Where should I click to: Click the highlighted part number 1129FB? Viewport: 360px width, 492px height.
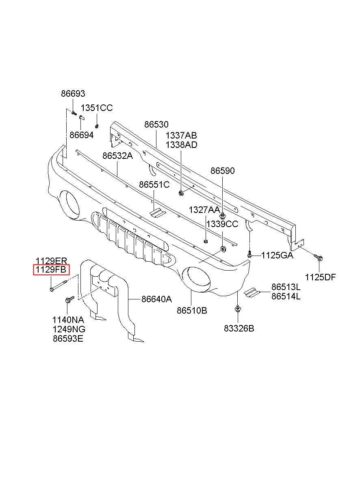[x=52, y=270]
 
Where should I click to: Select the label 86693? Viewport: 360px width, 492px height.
[x=73, y=94]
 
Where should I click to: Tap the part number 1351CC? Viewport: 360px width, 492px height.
[x=97, y=108]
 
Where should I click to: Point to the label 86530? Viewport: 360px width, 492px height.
[x=156, y=125]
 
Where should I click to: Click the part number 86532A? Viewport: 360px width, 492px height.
[x=118, y=156]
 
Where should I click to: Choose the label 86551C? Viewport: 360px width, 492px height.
[x=154, y=185]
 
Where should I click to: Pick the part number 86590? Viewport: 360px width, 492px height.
[x=222, y=171]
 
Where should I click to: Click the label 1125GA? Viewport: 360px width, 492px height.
[x=277, y=255]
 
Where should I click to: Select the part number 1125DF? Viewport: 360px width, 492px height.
[x=320, y=277]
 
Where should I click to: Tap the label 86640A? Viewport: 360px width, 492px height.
[x=156, y=299]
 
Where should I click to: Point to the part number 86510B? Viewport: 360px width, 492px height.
[x=192, y=311]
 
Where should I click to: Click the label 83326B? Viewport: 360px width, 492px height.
[x=239, y=328]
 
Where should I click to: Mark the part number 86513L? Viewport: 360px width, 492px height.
[x=286, y=287]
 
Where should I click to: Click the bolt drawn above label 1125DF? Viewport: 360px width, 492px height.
[x=318, y=258]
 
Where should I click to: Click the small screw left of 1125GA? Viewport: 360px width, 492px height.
[x=249, y=254]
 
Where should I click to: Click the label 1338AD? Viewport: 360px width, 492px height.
[x=181, y=145]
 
